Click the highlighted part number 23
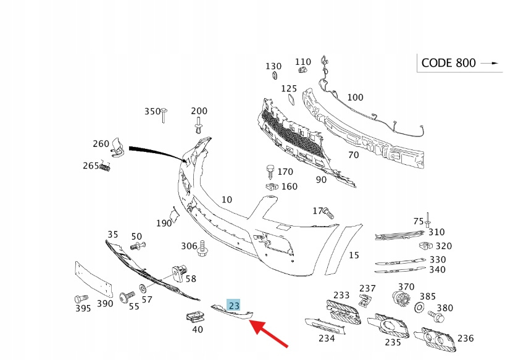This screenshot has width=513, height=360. [x=234, y=305]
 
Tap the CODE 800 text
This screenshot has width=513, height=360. [x=448, y=63]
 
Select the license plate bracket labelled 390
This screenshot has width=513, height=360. [x=94, y=280]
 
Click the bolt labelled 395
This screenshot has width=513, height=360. [x=79, y=298]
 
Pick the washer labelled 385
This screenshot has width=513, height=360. [x=419, y=308]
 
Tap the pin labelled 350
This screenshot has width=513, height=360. [x=165, y=115]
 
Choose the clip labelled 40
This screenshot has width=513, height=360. [x=195, y=317]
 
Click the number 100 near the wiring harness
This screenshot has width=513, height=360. [x=355, y=97]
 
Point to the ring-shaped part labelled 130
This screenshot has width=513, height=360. [x=273, y=76]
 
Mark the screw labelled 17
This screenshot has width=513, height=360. [x=328, y=214]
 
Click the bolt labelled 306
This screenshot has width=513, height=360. [x=202, y=250]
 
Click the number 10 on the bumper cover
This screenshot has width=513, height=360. [x=227, y=199]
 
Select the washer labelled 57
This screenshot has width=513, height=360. [x=143, y=288]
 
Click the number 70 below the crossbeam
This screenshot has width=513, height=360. [x=352, y=155]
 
